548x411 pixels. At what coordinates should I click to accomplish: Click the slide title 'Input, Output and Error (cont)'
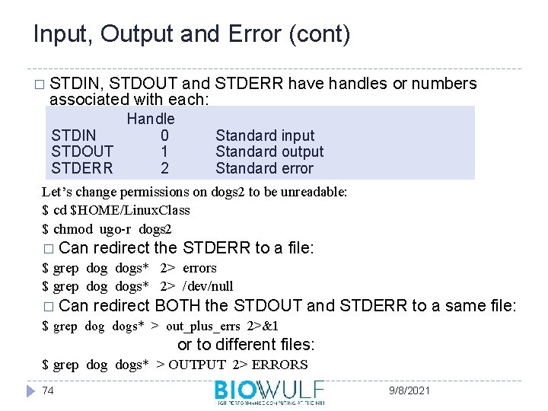[x=192, y=34]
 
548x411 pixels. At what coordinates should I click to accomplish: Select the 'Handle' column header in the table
[x=151, y=119]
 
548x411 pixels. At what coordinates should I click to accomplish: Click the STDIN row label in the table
[x=74, y=135]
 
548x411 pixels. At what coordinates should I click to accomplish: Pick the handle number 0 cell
[x=165, y=135]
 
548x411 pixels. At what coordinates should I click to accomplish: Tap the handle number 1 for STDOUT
[x=165, y=152]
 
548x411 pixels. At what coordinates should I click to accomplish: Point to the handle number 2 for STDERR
[x=165, y=168]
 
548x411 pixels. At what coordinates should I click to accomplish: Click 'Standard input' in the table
[x=265, y=135]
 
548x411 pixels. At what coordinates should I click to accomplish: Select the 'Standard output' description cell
[x=269, y=152]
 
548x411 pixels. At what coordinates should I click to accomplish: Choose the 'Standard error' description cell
[x=264, y=168]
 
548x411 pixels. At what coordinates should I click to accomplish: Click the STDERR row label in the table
[x=82, y=168]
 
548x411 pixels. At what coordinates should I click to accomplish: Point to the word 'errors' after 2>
[x=199, y=268]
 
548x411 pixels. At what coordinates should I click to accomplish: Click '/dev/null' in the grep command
[x=208, y=286]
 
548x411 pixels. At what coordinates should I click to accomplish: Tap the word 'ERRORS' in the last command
[x=282, y=365]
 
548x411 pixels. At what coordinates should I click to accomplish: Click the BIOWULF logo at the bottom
[x=269, y=392]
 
